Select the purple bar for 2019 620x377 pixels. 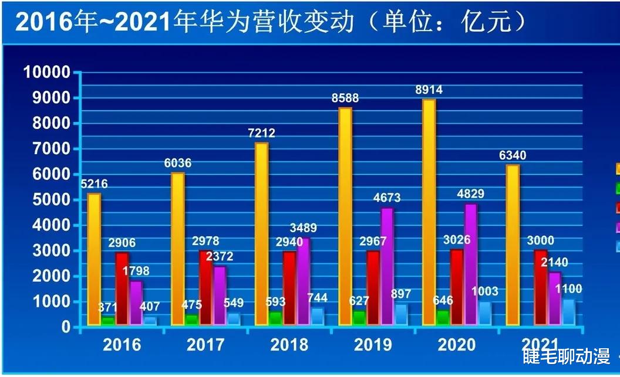click(x=387, y=267)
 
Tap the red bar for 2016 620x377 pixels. click(x=122, y=288)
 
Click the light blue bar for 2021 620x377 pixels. click(x=568, y=312)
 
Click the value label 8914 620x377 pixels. click(x=429, y=90)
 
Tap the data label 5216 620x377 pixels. click(x=94, y=184)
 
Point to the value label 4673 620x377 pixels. click(x=387, y=198)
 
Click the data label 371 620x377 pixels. click(x=108, y=307)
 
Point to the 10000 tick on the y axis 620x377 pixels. click(x=46, y=72)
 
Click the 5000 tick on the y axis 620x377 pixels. click(x=50, y=199)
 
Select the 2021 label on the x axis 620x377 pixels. click(x=541, y=345)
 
